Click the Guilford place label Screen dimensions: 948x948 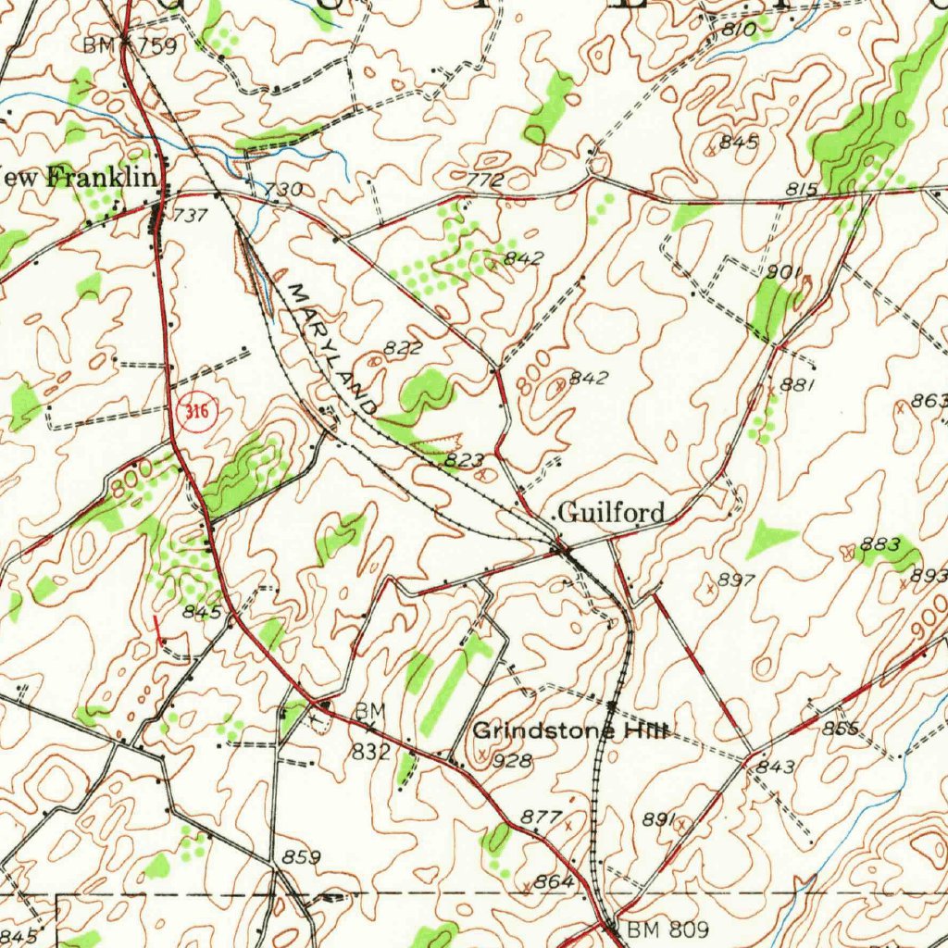pos(612,512)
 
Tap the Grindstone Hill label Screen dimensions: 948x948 pos(570,731)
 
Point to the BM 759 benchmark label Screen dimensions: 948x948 pos(130,45)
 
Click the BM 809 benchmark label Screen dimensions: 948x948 pos(667,929)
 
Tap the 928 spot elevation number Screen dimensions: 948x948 pos(515,761)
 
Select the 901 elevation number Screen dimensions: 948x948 pos(783,272)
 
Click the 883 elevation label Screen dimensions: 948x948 pos(879,545)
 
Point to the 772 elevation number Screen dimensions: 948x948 pos(485,180)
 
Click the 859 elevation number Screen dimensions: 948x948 pos(301,858)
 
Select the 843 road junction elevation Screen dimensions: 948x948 pos(776,767)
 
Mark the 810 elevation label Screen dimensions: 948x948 pos(740,31)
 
